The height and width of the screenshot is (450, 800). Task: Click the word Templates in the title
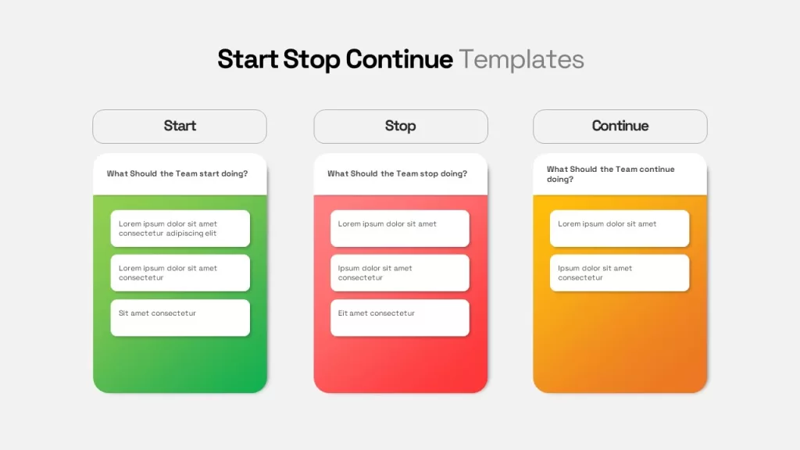click(x=521, y=59)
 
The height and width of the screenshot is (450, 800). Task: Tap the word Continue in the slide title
click(x=399, y=59)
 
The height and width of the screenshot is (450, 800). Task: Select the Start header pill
click(x=180, y=127)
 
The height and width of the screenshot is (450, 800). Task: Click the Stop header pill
click(x=400, y=127)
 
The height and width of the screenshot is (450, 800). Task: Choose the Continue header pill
click(x=620, y=127)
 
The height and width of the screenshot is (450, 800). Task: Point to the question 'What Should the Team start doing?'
click(x=177, y=173)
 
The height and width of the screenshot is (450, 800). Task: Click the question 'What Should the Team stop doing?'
click(x=398, y=173)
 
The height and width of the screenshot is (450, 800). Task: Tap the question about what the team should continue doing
click(x=610, y=173)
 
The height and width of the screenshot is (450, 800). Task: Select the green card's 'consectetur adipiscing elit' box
click(x=180, y=228)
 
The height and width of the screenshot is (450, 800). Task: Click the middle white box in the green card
click(x=180, y=273)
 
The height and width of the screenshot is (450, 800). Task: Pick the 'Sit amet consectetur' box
click(x=180, y=317)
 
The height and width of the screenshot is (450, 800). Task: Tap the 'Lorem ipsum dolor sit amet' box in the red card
click(x=400, y=228)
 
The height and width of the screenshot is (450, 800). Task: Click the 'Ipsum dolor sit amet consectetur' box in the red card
click(x=400, y=273)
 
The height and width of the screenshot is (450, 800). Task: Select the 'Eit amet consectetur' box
click(x=400, y=317)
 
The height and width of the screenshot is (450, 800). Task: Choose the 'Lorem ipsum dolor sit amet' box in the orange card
click(x=620, y=228)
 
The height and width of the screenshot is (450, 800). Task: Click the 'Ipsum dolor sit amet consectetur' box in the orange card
click(x=620, y=273)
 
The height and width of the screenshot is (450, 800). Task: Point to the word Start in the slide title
click(x=248, y=59)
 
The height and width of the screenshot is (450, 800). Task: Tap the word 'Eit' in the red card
click(x=343, y=313)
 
